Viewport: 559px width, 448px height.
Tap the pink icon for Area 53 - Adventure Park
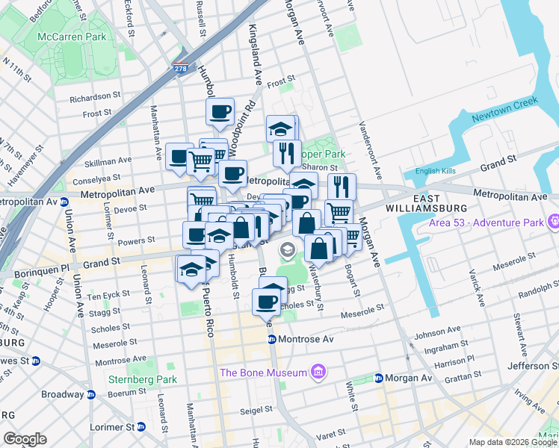(553, 222)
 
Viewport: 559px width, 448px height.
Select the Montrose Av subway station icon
(273, 340)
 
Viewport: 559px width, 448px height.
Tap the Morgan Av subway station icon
(379, 378)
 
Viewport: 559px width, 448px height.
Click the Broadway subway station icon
(90, 394)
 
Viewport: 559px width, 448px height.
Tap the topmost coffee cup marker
(220, 113)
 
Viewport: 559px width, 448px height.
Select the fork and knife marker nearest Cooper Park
(286, 154)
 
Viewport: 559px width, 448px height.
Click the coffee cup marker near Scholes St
(266, 302)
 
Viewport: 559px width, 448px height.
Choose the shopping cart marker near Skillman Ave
(200, 161)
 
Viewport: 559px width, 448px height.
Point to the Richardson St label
(95, 97)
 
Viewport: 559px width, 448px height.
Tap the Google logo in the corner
(25, 439)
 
